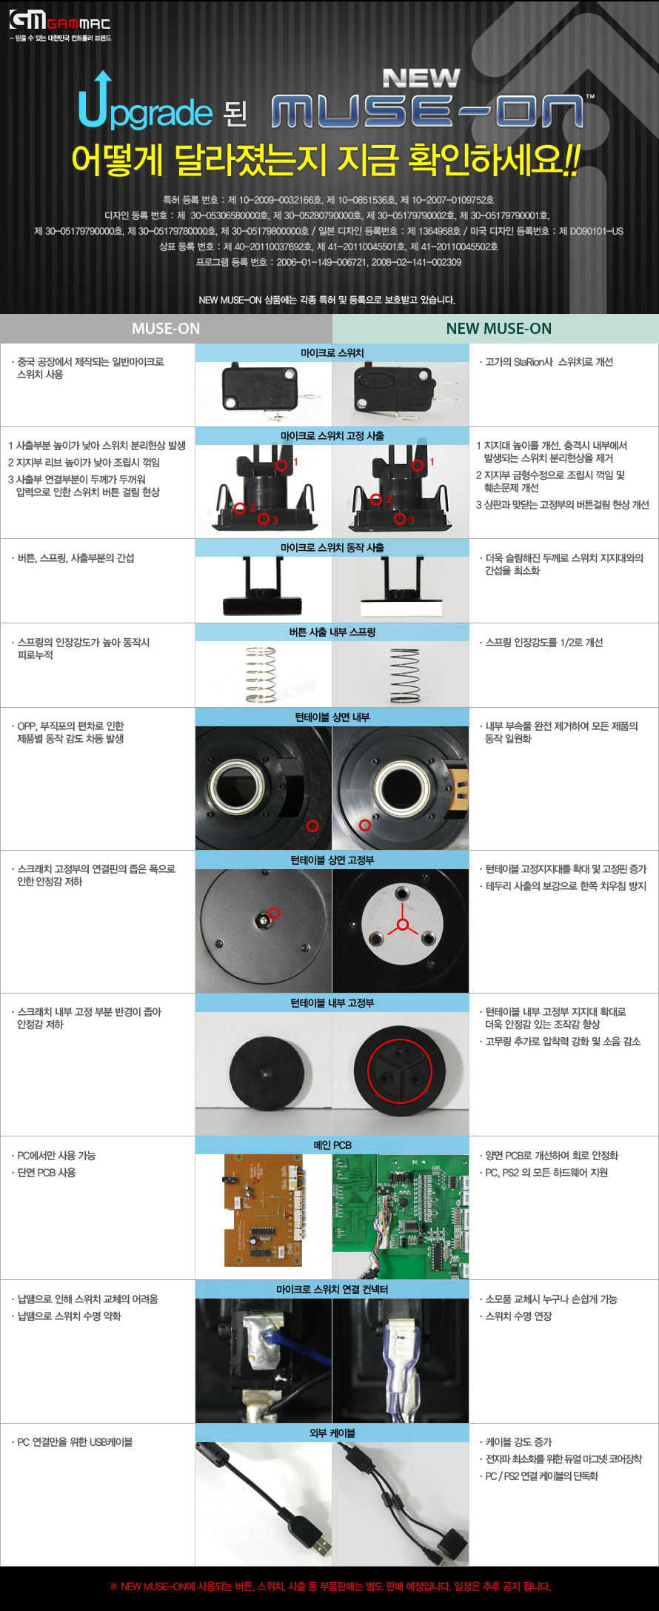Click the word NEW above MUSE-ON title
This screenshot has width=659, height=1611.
click(x=421, y=78)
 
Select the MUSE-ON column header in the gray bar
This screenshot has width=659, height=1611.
click(x=166, y=329)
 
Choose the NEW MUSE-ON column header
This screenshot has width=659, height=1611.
click(x=498, y=329)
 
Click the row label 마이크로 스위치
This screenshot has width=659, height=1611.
click(x=332, y=353)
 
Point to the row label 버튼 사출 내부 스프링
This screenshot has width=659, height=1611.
click(x=332, y=632)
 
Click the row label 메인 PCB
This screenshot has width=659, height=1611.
click(x=332, y=1145)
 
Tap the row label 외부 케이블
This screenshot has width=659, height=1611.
click(x=332, y=1433)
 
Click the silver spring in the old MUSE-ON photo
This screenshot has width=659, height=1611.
click(x=261, y=674)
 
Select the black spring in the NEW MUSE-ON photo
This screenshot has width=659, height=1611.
click(x=404, y=675)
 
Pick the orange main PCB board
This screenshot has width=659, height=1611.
click(x=263, y=1210)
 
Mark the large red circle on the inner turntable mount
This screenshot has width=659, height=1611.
click(x=400, y=1071)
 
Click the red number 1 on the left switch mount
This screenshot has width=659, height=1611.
click(x=295, y=462)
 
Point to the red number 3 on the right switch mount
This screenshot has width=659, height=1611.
click(x=412, y=520)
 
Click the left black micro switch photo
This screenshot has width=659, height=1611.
click(x=263, y=386)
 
